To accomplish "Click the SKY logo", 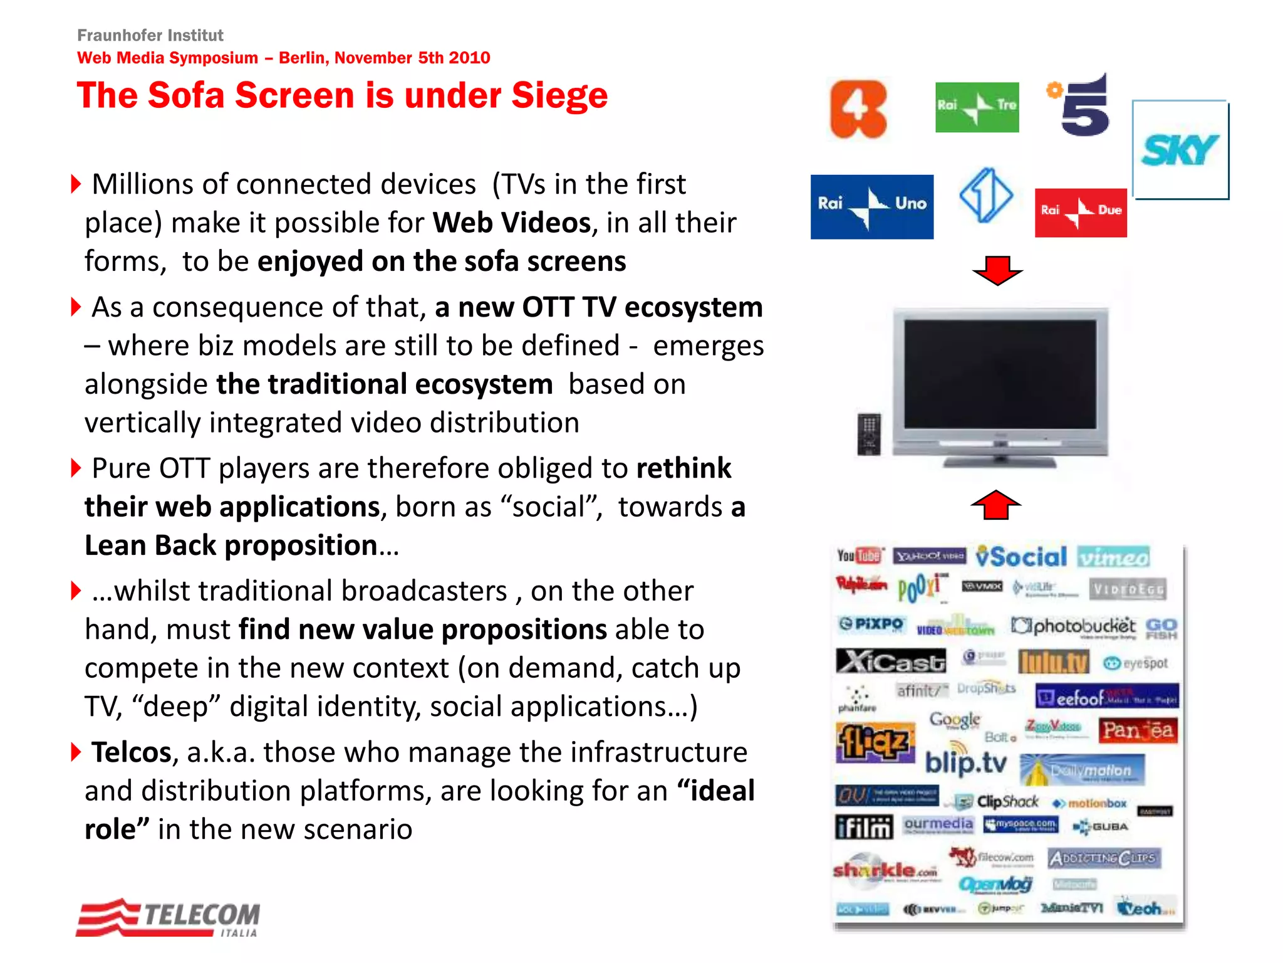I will (x=1180, y=150).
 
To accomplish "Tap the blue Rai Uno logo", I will (x=871, y=206).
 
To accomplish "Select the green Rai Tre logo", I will (x=977, y=107).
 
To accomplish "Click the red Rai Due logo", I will (x=1081, y=213).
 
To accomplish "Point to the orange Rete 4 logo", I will (x=858, y=109).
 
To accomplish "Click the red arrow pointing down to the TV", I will (x=997, y=270).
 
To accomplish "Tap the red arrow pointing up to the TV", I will (x=996, y=505).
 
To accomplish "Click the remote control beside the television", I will (x=869, y=434).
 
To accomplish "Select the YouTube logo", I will (x=859, y=555).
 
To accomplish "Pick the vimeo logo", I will (x=1114, y=557).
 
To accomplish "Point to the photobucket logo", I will (x=1074, y=626).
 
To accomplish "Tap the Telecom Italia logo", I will (x=169, y=918).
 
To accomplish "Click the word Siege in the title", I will (x=559, y=96).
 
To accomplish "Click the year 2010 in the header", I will (x=469, y=58).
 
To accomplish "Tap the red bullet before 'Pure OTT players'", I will (x=76, y=468).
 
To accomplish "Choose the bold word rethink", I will (x=683, y=468).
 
